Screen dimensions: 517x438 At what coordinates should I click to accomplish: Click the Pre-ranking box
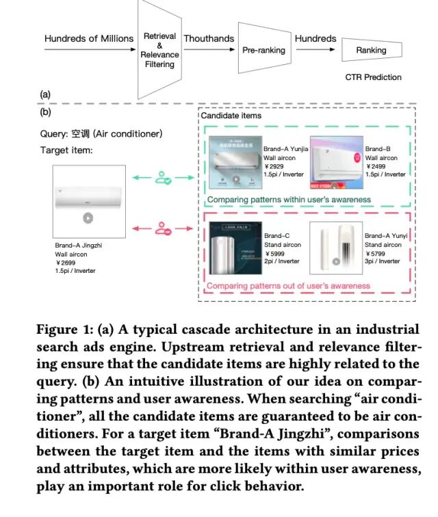tap(263, 51)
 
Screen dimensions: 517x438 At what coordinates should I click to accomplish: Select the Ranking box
tap(371, 51)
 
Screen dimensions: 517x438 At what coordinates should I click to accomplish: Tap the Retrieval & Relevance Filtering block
tap(159, 50)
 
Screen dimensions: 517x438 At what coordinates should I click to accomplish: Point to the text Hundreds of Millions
tap(89, 38)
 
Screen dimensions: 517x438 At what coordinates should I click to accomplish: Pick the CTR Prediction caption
tap(373, 77)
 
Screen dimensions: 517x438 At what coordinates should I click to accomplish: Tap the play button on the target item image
tap(87, 218)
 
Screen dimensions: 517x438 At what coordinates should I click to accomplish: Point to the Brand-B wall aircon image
tap(336, 161)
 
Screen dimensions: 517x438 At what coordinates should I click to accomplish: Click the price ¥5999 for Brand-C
tap(275, 253)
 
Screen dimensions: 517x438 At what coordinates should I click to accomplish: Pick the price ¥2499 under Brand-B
tap(376, 166)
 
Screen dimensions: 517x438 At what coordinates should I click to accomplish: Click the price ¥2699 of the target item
tap(66, 262)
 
